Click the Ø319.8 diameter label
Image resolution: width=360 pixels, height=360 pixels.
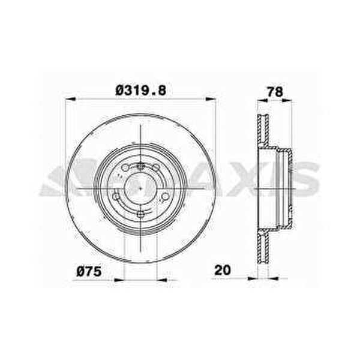[141, 90]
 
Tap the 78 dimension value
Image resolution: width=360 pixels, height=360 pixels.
[275, 92]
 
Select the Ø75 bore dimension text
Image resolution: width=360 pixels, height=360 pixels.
[89, 272]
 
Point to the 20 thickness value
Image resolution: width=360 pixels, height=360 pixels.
[222, 270]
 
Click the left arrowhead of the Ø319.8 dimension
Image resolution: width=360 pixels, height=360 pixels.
[70, 99]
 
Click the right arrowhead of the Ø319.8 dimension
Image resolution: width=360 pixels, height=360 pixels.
[211, 99]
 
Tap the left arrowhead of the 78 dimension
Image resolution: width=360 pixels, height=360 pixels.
[262, 100]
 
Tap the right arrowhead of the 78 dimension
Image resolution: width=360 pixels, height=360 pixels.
[287, 100]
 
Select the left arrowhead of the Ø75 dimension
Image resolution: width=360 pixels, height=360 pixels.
[119, 280]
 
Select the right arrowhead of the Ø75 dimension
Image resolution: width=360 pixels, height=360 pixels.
[161, 280]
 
